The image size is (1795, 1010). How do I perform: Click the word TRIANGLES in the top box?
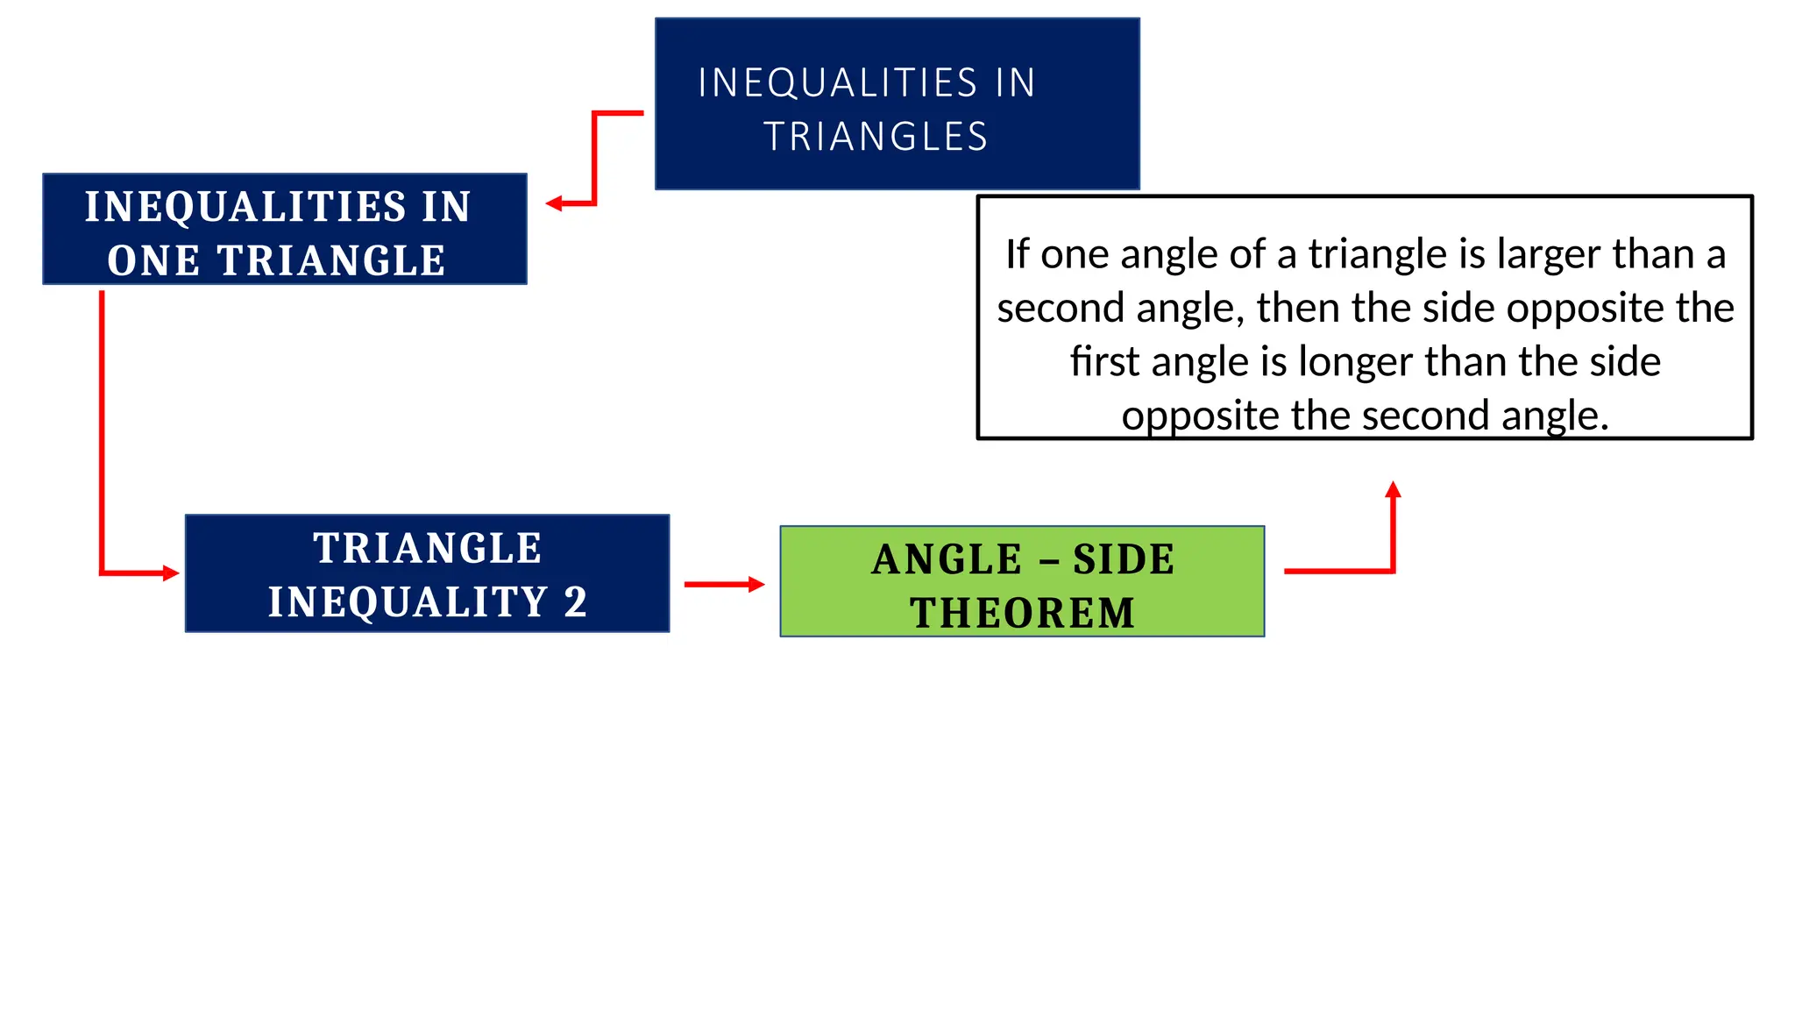876,137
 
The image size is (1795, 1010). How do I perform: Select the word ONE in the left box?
153,260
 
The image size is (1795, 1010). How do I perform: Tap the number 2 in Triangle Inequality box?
575,601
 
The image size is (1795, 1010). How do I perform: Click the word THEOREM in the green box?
1022,613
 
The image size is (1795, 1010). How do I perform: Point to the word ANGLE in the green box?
947,559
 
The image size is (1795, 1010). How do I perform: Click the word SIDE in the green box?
1124,559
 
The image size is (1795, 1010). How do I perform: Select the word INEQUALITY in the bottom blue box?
408,601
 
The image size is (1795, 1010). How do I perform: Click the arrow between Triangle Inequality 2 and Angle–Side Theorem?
723,584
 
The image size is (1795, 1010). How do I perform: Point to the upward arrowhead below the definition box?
1393,489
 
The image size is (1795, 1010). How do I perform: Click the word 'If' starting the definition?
1017,254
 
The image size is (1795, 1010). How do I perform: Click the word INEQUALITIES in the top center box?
837,83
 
